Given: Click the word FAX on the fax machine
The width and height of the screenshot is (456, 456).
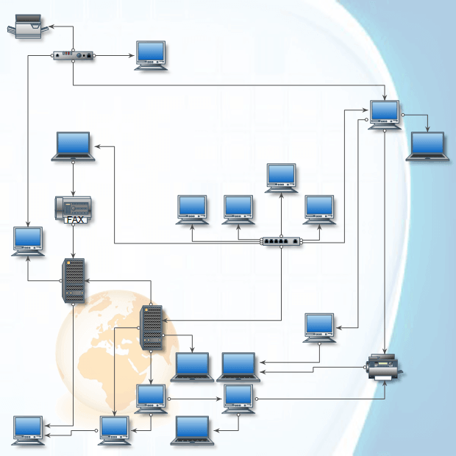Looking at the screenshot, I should (75, 219).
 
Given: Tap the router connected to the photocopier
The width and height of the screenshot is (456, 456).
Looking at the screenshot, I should (74, 55).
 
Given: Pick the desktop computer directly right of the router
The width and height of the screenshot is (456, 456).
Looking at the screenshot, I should (152, 54).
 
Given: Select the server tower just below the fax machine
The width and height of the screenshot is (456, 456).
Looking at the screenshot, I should (74, 279).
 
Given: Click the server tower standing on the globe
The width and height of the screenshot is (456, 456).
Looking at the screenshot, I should (151, 327).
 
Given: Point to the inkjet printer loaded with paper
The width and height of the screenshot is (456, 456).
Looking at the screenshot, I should (385, 366).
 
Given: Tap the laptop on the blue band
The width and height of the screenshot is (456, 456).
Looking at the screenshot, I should (427, 146).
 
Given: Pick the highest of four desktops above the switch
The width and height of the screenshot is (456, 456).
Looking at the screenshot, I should (281, 177).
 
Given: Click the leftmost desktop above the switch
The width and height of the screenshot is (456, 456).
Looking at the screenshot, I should (193, 208).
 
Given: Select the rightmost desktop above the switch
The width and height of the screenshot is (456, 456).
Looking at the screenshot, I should (319, 208).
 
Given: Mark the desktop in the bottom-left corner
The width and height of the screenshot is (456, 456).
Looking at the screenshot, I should (28, 429).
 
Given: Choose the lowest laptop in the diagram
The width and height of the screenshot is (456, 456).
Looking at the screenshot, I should (193, 430).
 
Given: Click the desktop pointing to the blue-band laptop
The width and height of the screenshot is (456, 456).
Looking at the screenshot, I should (385, 113).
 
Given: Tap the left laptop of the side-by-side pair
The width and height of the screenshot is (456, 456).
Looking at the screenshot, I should (193, 366).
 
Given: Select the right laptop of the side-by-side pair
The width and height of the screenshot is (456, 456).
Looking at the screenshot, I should (239, 366).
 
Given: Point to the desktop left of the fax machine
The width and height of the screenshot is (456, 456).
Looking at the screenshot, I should (28, 241).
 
